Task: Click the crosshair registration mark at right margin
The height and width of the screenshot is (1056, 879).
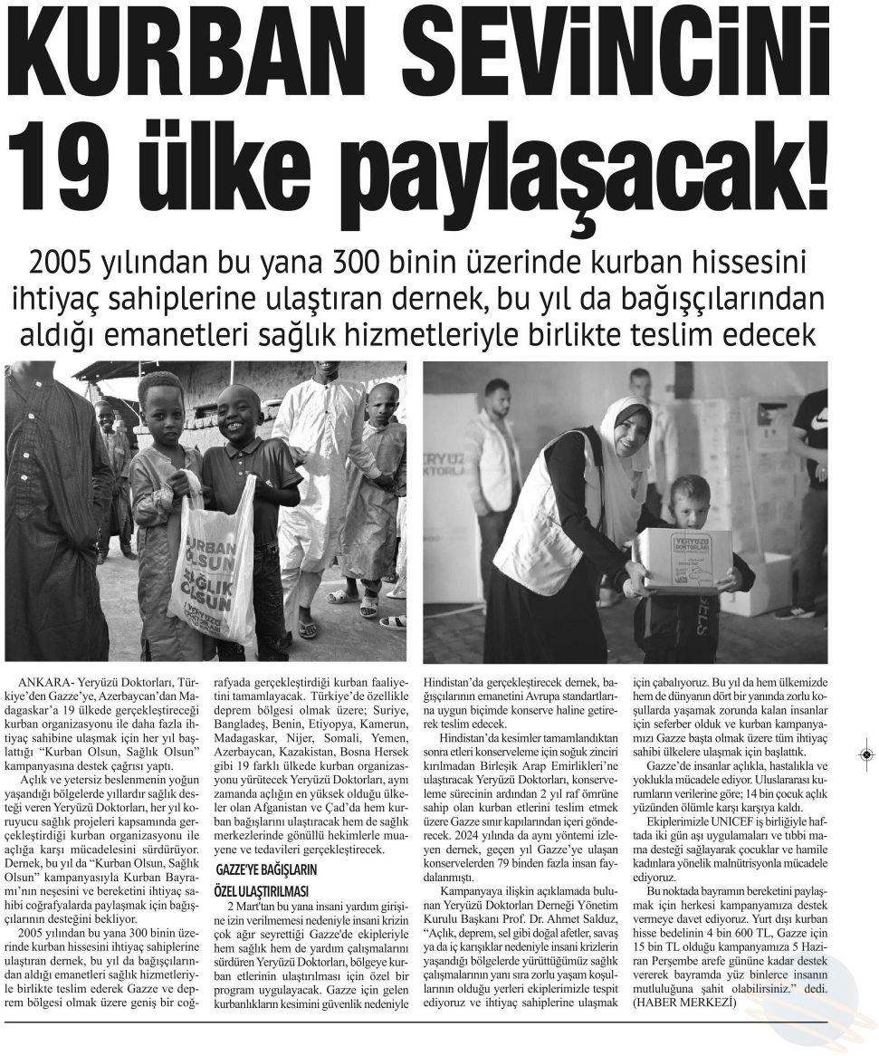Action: click(866, 754)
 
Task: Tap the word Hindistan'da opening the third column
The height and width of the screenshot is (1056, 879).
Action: click(461, 679)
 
